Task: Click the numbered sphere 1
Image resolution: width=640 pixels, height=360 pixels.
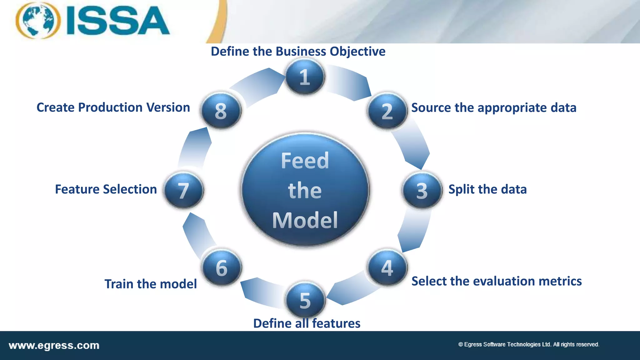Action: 305,77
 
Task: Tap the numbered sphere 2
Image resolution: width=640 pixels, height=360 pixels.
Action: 387,111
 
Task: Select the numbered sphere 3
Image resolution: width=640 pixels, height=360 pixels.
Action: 422,190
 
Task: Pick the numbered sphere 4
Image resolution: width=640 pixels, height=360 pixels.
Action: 387,267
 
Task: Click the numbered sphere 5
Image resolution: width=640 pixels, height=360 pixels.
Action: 305,300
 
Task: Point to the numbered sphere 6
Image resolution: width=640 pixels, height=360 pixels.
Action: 222,267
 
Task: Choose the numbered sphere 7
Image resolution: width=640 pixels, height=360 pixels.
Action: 184,190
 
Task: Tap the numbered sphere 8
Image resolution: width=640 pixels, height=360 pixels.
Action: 221,111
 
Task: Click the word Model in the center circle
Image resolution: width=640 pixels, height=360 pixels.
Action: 305,220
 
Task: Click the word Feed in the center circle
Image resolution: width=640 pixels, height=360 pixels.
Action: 305,161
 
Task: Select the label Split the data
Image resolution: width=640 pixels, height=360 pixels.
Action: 487,189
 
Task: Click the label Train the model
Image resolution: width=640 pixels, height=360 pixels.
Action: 151,284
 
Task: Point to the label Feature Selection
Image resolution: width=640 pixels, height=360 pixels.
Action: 106,189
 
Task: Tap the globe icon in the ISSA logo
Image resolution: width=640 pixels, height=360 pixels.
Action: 38,21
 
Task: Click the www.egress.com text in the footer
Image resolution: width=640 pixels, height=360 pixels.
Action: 54,346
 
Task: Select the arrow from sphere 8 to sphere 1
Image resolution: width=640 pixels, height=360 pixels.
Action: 256,86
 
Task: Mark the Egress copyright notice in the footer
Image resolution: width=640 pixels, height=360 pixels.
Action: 528,344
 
